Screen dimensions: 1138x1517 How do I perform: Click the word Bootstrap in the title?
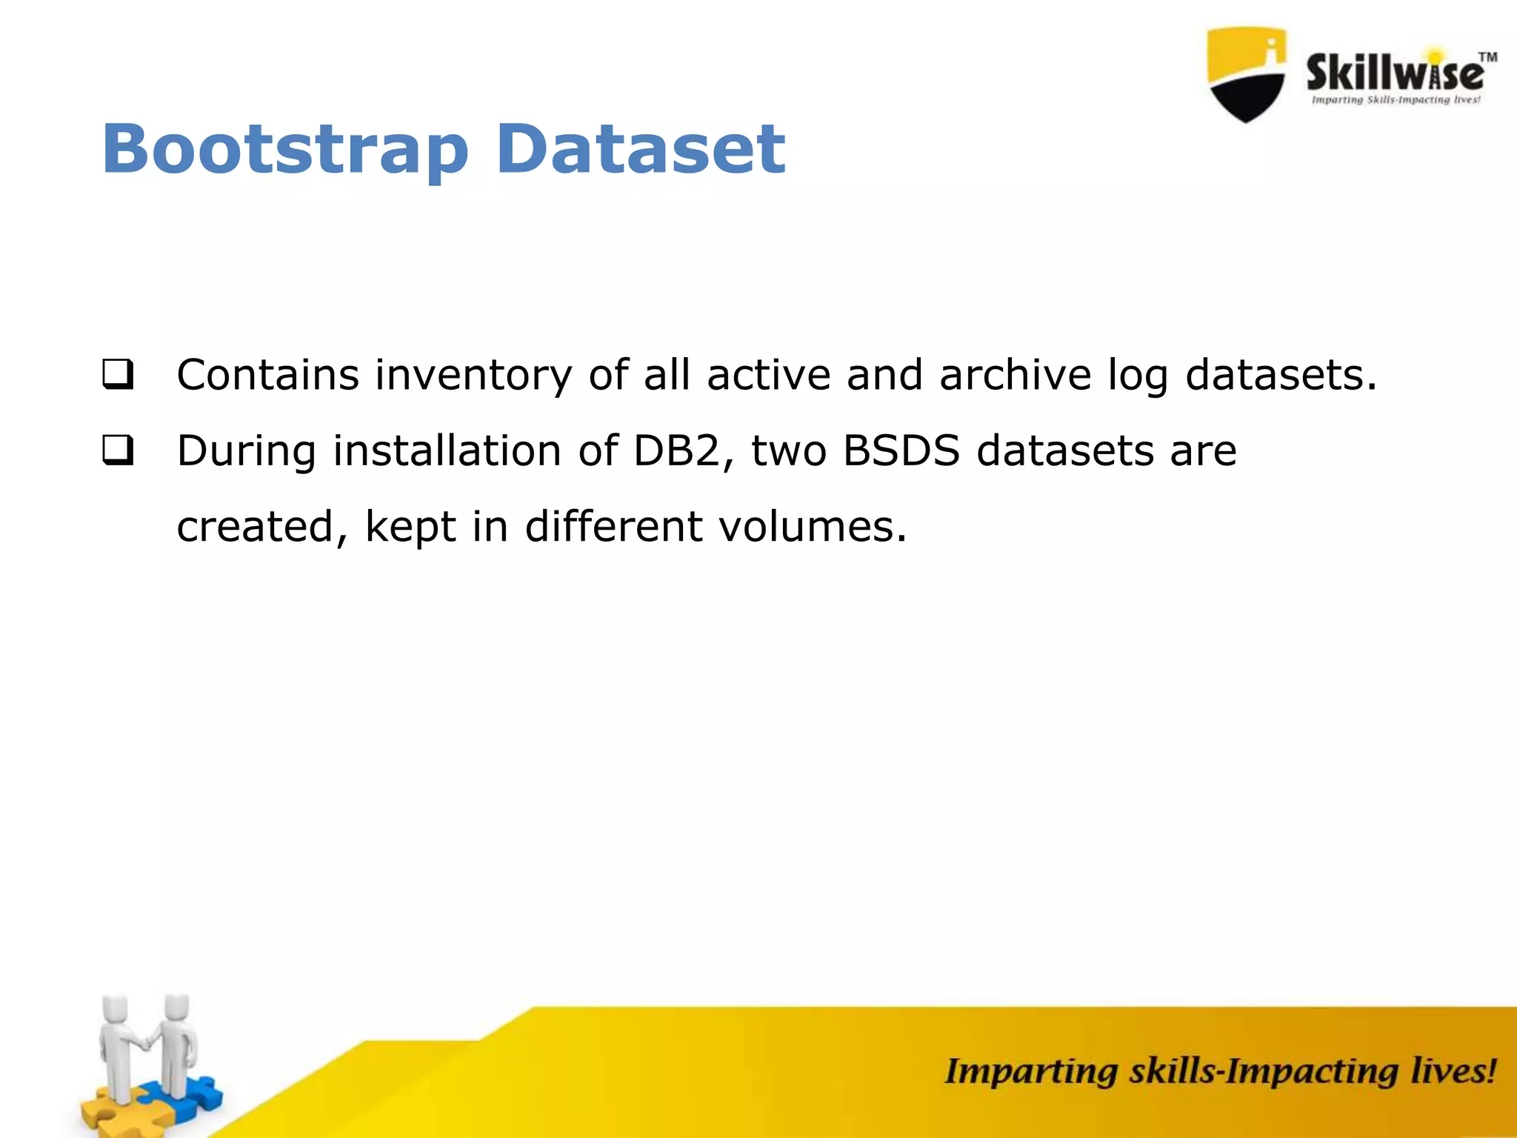pos(285,150)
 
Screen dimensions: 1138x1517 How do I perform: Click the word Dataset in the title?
pos(640,150)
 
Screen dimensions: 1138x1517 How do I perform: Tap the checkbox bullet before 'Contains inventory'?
pos(118,374)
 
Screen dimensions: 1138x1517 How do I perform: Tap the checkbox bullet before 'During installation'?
pos(118,450)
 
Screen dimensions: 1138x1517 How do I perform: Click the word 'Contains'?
pos(267,374)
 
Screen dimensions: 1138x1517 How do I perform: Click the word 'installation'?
pos(447,450)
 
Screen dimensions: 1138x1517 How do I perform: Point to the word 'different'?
pos(613,526)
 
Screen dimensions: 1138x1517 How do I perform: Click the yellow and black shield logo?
pos(1247,74)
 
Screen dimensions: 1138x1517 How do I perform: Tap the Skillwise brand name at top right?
pos(1394,74)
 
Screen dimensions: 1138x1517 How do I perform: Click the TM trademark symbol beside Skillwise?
pos(1487,57)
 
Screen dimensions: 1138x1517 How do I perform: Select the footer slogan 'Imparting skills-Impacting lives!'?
pos(1220,1072)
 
